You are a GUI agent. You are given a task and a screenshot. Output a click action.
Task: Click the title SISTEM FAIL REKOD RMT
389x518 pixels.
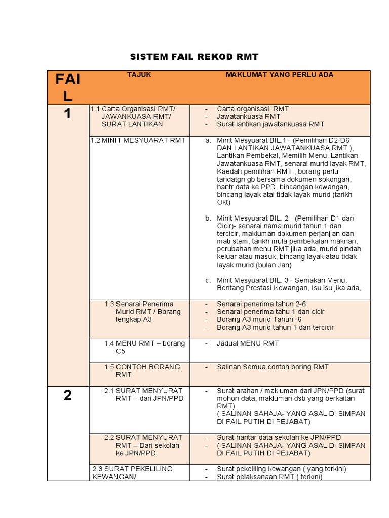pos(194,56)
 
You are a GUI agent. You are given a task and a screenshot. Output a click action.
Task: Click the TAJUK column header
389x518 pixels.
pos(139,75)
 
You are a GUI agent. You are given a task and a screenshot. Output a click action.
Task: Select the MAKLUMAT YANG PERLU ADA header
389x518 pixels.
pos(279,75)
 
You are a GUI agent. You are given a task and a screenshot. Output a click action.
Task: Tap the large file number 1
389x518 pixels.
pos(67,115)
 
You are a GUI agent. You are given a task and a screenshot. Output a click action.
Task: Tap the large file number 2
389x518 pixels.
pos(67,396)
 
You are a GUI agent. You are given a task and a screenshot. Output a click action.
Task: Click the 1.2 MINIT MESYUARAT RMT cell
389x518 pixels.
pos(138,140)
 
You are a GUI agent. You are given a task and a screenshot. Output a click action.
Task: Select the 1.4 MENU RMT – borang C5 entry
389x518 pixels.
pos(144,347)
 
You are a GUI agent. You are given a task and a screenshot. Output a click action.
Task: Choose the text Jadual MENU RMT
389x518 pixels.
pos(248,343)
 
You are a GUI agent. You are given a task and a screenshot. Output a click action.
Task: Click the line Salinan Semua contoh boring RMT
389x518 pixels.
pos(273,367)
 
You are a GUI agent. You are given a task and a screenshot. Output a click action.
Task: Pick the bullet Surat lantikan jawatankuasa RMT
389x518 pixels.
pos(270,124)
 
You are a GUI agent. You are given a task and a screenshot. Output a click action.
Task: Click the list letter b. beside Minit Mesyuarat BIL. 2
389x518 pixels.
pos(208,218)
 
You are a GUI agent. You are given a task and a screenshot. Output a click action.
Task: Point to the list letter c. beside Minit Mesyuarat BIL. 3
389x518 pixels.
pos(208,280)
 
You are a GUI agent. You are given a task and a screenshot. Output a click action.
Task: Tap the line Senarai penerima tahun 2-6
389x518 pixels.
pos(261,304)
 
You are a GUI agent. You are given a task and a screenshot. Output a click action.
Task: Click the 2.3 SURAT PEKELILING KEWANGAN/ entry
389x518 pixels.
pos(133,472)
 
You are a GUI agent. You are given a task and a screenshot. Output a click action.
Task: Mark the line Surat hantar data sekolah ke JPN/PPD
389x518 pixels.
pos(279,437)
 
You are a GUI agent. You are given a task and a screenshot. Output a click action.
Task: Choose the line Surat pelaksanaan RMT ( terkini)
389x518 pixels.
pos(269,477)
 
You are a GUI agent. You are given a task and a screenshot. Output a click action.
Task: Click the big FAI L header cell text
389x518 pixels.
pos(68,88)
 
